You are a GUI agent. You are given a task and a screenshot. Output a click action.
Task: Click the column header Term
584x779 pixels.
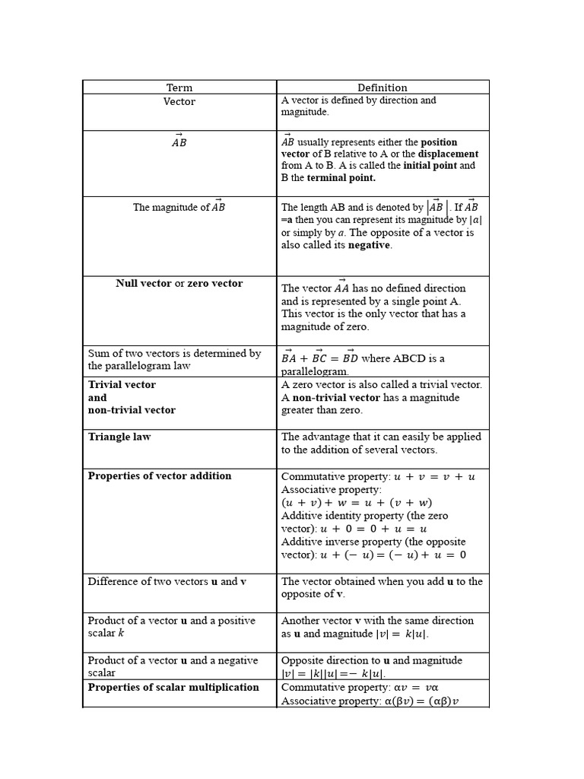pyautogui.click(x=179, y=87)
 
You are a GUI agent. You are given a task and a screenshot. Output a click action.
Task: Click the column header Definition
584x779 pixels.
pyautogui.click(x=382, y=87)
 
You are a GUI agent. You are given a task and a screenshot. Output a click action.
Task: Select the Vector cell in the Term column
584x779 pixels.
pyautogui.click(x=179, y=101)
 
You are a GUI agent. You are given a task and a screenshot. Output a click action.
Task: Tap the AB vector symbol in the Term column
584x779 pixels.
pyautogui.click(x=179, y=141)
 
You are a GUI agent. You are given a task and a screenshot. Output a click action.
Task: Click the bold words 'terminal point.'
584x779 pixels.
pyautogui.click(x=341, y=178)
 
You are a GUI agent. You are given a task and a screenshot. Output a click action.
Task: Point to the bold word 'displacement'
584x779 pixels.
pyautogui.click(x=449, y=154)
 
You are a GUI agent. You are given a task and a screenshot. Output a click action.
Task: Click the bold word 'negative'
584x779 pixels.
pyautogui.click(x=369, y=245)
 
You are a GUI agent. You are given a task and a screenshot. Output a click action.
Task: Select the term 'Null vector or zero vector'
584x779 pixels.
pyautogui.click(x=179, y=284)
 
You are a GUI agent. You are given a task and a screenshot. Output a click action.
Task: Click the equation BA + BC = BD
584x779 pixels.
pyautogui.click(x=319, y=358)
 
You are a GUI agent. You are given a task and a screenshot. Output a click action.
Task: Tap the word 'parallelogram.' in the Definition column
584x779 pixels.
pyautogui.click(x=315, y=371)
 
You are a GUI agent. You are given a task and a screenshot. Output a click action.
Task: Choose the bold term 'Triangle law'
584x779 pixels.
pyautogui.click(x=119, y=437)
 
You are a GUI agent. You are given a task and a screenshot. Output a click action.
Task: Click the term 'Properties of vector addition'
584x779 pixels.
pyautogui.click(x=160, y=476)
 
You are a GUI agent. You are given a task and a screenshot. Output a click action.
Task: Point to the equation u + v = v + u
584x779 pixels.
pyautogui.click(x=434, y=477)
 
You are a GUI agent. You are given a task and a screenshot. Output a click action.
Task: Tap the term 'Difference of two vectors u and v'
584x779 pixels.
pyautogui.click(x=167, y=581)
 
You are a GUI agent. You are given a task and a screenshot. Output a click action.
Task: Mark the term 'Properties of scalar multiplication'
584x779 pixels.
pyautogui.click(x=173, y=687)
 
